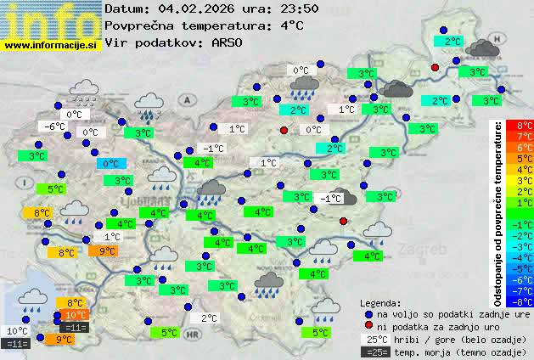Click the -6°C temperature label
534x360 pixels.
(54, 127)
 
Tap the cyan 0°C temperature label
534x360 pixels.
(110, 164)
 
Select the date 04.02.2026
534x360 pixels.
(193, 9)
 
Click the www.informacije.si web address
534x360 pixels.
(51, 44)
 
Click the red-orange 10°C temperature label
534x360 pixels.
(76, 315)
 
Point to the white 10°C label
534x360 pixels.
(17, 331)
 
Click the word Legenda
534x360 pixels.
(380, 302)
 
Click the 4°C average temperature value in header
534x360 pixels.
(291, 25)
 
